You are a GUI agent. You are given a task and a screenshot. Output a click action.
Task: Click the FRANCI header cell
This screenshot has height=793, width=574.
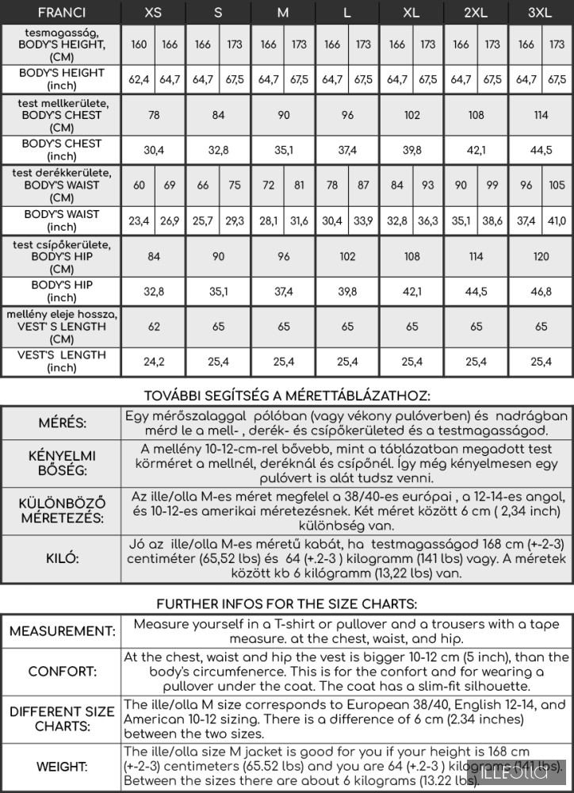[x=61, y=13]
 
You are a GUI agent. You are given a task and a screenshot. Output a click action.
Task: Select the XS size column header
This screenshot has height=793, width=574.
[x=154, y=13]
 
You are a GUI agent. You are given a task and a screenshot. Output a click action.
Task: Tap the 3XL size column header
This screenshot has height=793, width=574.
[x=541, y=13]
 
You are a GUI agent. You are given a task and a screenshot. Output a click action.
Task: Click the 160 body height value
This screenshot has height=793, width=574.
[x=139, y=45]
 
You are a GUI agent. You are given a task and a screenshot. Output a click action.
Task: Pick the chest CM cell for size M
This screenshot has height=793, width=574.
[x=283, y=115]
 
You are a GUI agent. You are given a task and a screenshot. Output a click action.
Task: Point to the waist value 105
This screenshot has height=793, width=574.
[x=557, y=186]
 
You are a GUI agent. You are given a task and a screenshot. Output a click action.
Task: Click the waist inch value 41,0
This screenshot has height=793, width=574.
[x=557, y=220]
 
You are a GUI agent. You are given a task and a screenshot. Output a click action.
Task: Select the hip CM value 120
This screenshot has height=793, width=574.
[x=541, y=256]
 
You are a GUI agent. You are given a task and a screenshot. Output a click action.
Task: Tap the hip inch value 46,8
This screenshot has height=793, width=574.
[x=541, y=291]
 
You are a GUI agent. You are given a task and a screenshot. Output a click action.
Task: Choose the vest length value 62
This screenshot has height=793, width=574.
[x=154, y=326]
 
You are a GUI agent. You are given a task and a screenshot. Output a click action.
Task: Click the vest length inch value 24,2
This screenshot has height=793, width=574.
[x=154, y=362]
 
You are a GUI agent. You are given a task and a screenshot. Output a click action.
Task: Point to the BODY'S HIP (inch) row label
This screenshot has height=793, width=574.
[x=62, y=291]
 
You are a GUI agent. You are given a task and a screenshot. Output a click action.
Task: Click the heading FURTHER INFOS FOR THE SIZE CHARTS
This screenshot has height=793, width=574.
[x=286, y=604]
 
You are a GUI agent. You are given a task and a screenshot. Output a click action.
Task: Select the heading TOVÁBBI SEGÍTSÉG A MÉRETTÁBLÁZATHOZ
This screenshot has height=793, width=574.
[x=286, y=396]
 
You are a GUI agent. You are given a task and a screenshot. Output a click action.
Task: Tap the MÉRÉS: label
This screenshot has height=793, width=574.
[x=62, y=423]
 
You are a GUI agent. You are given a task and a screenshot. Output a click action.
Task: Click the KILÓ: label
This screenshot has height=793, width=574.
[x=62, y=559]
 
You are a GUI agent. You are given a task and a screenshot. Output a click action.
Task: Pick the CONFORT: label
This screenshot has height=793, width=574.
[x=62, y=672]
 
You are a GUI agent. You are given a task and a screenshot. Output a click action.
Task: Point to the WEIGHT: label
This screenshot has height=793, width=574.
[x=62, y=767]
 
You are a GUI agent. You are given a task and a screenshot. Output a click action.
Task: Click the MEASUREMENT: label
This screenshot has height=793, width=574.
[x=62, y=631]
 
